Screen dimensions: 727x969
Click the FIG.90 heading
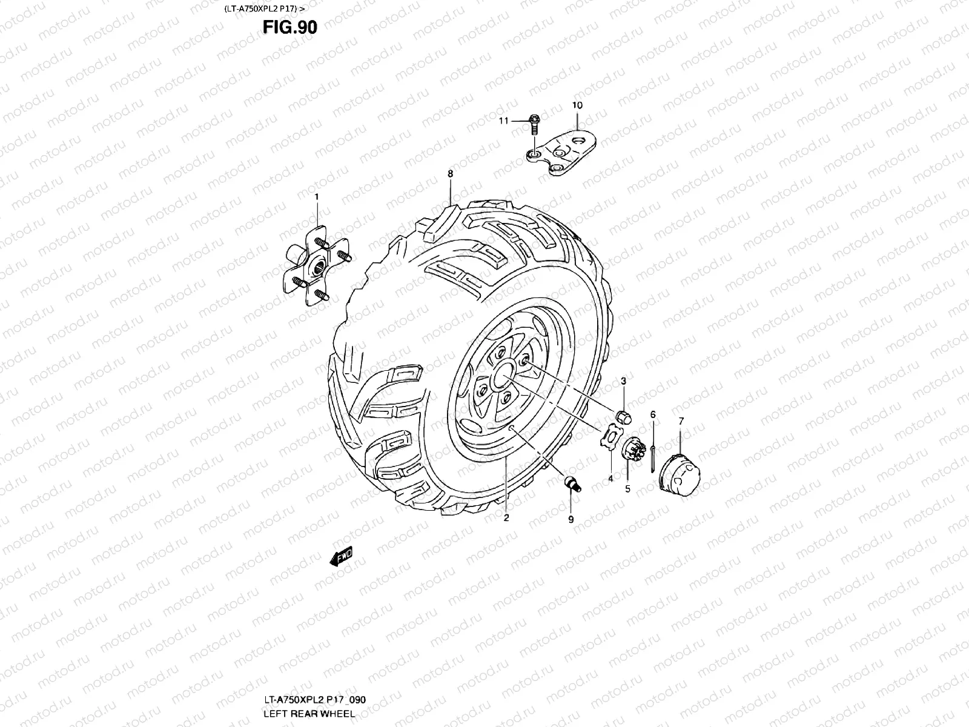pos(289,27)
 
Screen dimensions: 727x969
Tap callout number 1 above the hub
pos(316,197)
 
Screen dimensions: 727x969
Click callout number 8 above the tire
pos(450,174)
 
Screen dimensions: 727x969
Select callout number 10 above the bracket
pos(577,105)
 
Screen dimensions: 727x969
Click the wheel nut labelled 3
pos(623,417)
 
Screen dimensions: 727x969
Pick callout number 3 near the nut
pos(623,380)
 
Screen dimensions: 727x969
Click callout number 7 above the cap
pos(681,421)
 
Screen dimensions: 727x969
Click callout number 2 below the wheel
pos(506,518)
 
